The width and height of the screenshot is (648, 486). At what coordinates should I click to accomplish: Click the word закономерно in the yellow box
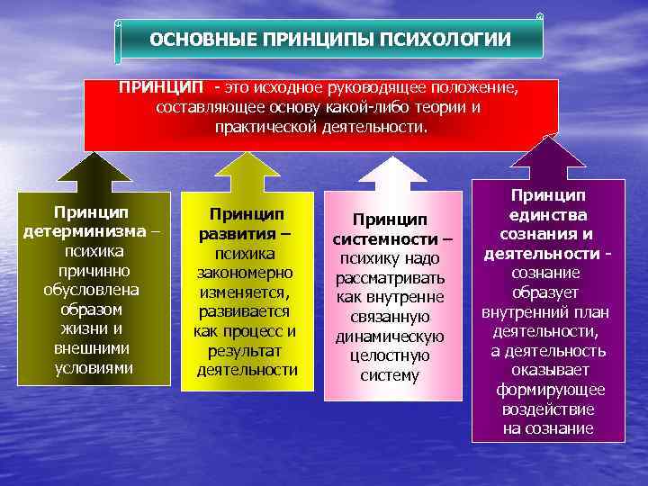click(247, 273)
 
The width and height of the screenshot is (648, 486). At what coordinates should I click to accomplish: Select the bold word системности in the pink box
click(384, 238)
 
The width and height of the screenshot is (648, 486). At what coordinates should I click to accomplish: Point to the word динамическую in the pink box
click(390, 336)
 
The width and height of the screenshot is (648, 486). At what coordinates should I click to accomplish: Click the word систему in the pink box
click(390, 375)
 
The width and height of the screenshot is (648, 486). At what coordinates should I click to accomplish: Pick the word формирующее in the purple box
click(548, 390)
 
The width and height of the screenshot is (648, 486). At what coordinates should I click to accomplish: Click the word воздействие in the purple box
click(548, 409)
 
